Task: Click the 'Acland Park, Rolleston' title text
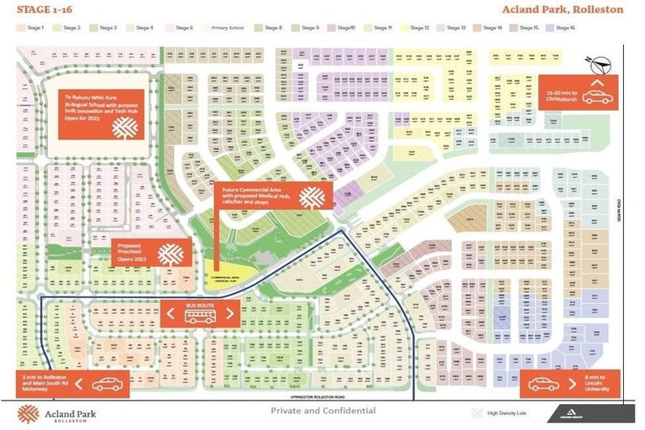(x=563, y=9)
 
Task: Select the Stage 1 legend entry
(x=30, y=28)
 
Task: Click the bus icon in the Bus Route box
(x=201, y=315)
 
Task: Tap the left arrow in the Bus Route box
(x=171, y=315)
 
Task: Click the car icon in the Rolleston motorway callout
(x=107, y=385)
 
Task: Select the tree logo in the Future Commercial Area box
(x=312, y=199)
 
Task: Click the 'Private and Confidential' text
(x=323, y=411)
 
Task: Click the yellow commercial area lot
(x=216, y=273)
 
